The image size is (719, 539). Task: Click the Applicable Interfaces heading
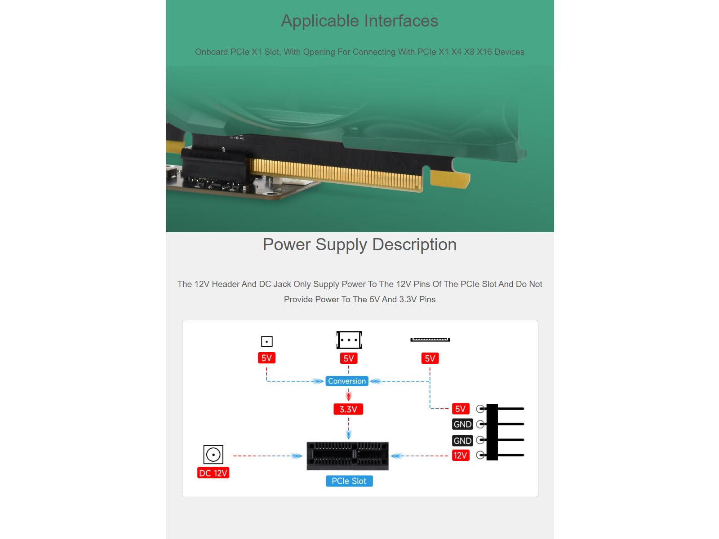click(359, 21)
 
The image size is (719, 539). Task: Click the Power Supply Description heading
click(359, 245)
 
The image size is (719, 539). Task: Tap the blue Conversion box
click(346, 381)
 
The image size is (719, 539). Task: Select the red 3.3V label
click(348, 409)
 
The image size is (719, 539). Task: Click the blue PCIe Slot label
click(349, 481)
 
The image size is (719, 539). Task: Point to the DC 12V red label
click(213, 473)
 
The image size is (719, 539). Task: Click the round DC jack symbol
click(213, 455)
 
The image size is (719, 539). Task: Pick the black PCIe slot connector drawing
click(347, 456)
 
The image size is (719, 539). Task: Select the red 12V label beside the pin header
click(460, 455)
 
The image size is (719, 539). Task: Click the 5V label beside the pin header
click(460, 409)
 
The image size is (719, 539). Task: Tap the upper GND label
click(462, 424)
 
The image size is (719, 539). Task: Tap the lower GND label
click(462, 441)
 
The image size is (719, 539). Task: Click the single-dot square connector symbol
click(266, 341)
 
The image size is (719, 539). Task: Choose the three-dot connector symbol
click(349, 340)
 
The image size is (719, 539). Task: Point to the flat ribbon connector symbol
click(430, 340)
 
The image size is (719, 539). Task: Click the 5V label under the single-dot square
click(266, 358)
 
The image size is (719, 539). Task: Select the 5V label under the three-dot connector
click(348, 358)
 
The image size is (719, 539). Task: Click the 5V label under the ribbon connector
click(430, 358)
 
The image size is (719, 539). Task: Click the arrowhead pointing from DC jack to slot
click(297, 456)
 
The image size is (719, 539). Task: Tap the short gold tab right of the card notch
click(449, 179)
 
